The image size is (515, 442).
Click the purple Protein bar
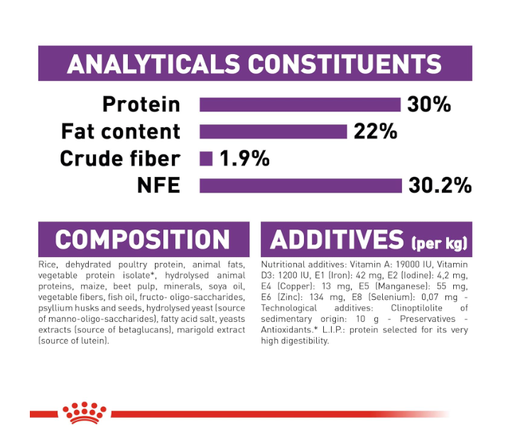pyautogui.click(x=300, y=105)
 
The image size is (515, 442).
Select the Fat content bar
pyautogui.click(x=273, y=131)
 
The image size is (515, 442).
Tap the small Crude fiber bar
pyautogui.click(x=206, y=158)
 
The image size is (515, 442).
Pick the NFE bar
pyautogui.click(x=300, y=185)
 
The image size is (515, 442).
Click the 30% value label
pyautogui.click(x=429, y=105)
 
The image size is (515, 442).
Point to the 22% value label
pyautogui.click(x=375, y=131)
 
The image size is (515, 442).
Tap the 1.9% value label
pyautogui.click(x=244, y=158)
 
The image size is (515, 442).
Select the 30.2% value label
pyautogui.click(x=440, y=185)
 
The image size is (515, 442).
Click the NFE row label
pyautogui.click(x=158, y=185)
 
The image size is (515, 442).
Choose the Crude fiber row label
pyautogui.click(x=120, y=158)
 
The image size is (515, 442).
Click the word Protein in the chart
pyautogui.click(x=141, y=105)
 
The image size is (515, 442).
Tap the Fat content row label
pyautogui.click(x=121, y=131)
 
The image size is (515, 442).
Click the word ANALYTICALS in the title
pyautogui.click(x=153, y=64)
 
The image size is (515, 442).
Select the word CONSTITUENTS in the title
pyautogui.click(x=345, y=64)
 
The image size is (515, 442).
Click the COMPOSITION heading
pyautogui.click(x=142, y=239)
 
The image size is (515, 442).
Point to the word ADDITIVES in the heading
pyautogui.click(x=337, y=239)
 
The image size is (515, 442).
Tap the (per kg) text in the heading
pyautogui.click(x=439, y=244)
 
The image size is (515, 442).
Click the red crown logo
pyautogui.click(x=85, y=413)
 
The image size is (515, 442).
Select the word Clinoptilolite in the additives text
pyautogui.click(x=416, y=308)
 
